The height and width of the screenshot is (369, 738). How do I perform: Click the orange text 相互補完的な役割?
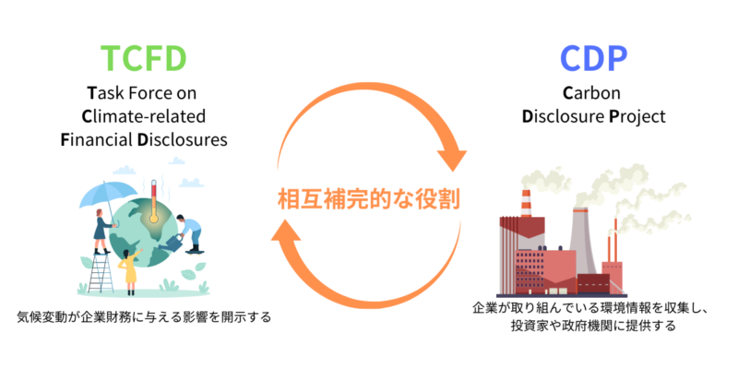tap(368, 196)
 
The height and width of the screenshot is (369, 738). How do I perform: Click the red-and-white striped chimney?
tap(526, 208)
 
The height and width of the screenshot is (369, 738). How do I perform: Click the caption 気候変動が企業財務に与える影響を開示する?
tap(144, 318)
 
